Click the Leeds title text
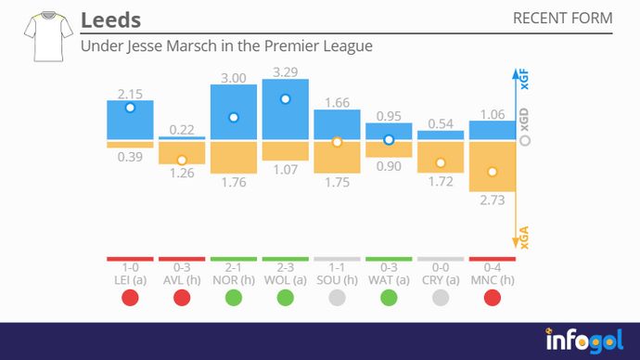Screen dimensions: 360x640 [x=111, y=19]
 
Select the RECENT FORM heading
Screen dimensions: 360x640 [x=562, y=19]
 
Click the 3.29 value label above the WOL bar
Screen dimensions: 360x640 [x=286, y=71]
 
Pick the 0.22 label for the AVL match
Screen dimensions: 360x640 [x=182, y=129]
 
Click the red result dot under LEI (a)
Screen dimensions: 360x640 [x=130, y=298]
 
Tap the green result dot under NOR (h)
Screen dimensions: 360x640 [x=234, y=298]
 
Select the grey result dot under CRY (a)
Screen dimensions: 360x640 [x=441, y=298]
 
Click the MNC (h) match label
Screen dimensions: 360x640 [x=493, y=280]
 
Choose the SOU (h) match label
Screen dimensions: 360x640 [x=337, y=280]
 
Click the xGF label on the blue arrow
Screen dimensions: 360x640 [x=524, y=82]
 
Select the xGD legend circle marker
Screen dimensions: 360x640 [x=525, y=141]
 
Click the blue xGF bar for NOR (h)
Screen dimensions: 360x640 [x=234, y=112]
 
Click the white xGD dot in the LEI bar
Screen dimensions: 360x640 [x=130, y=108]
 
